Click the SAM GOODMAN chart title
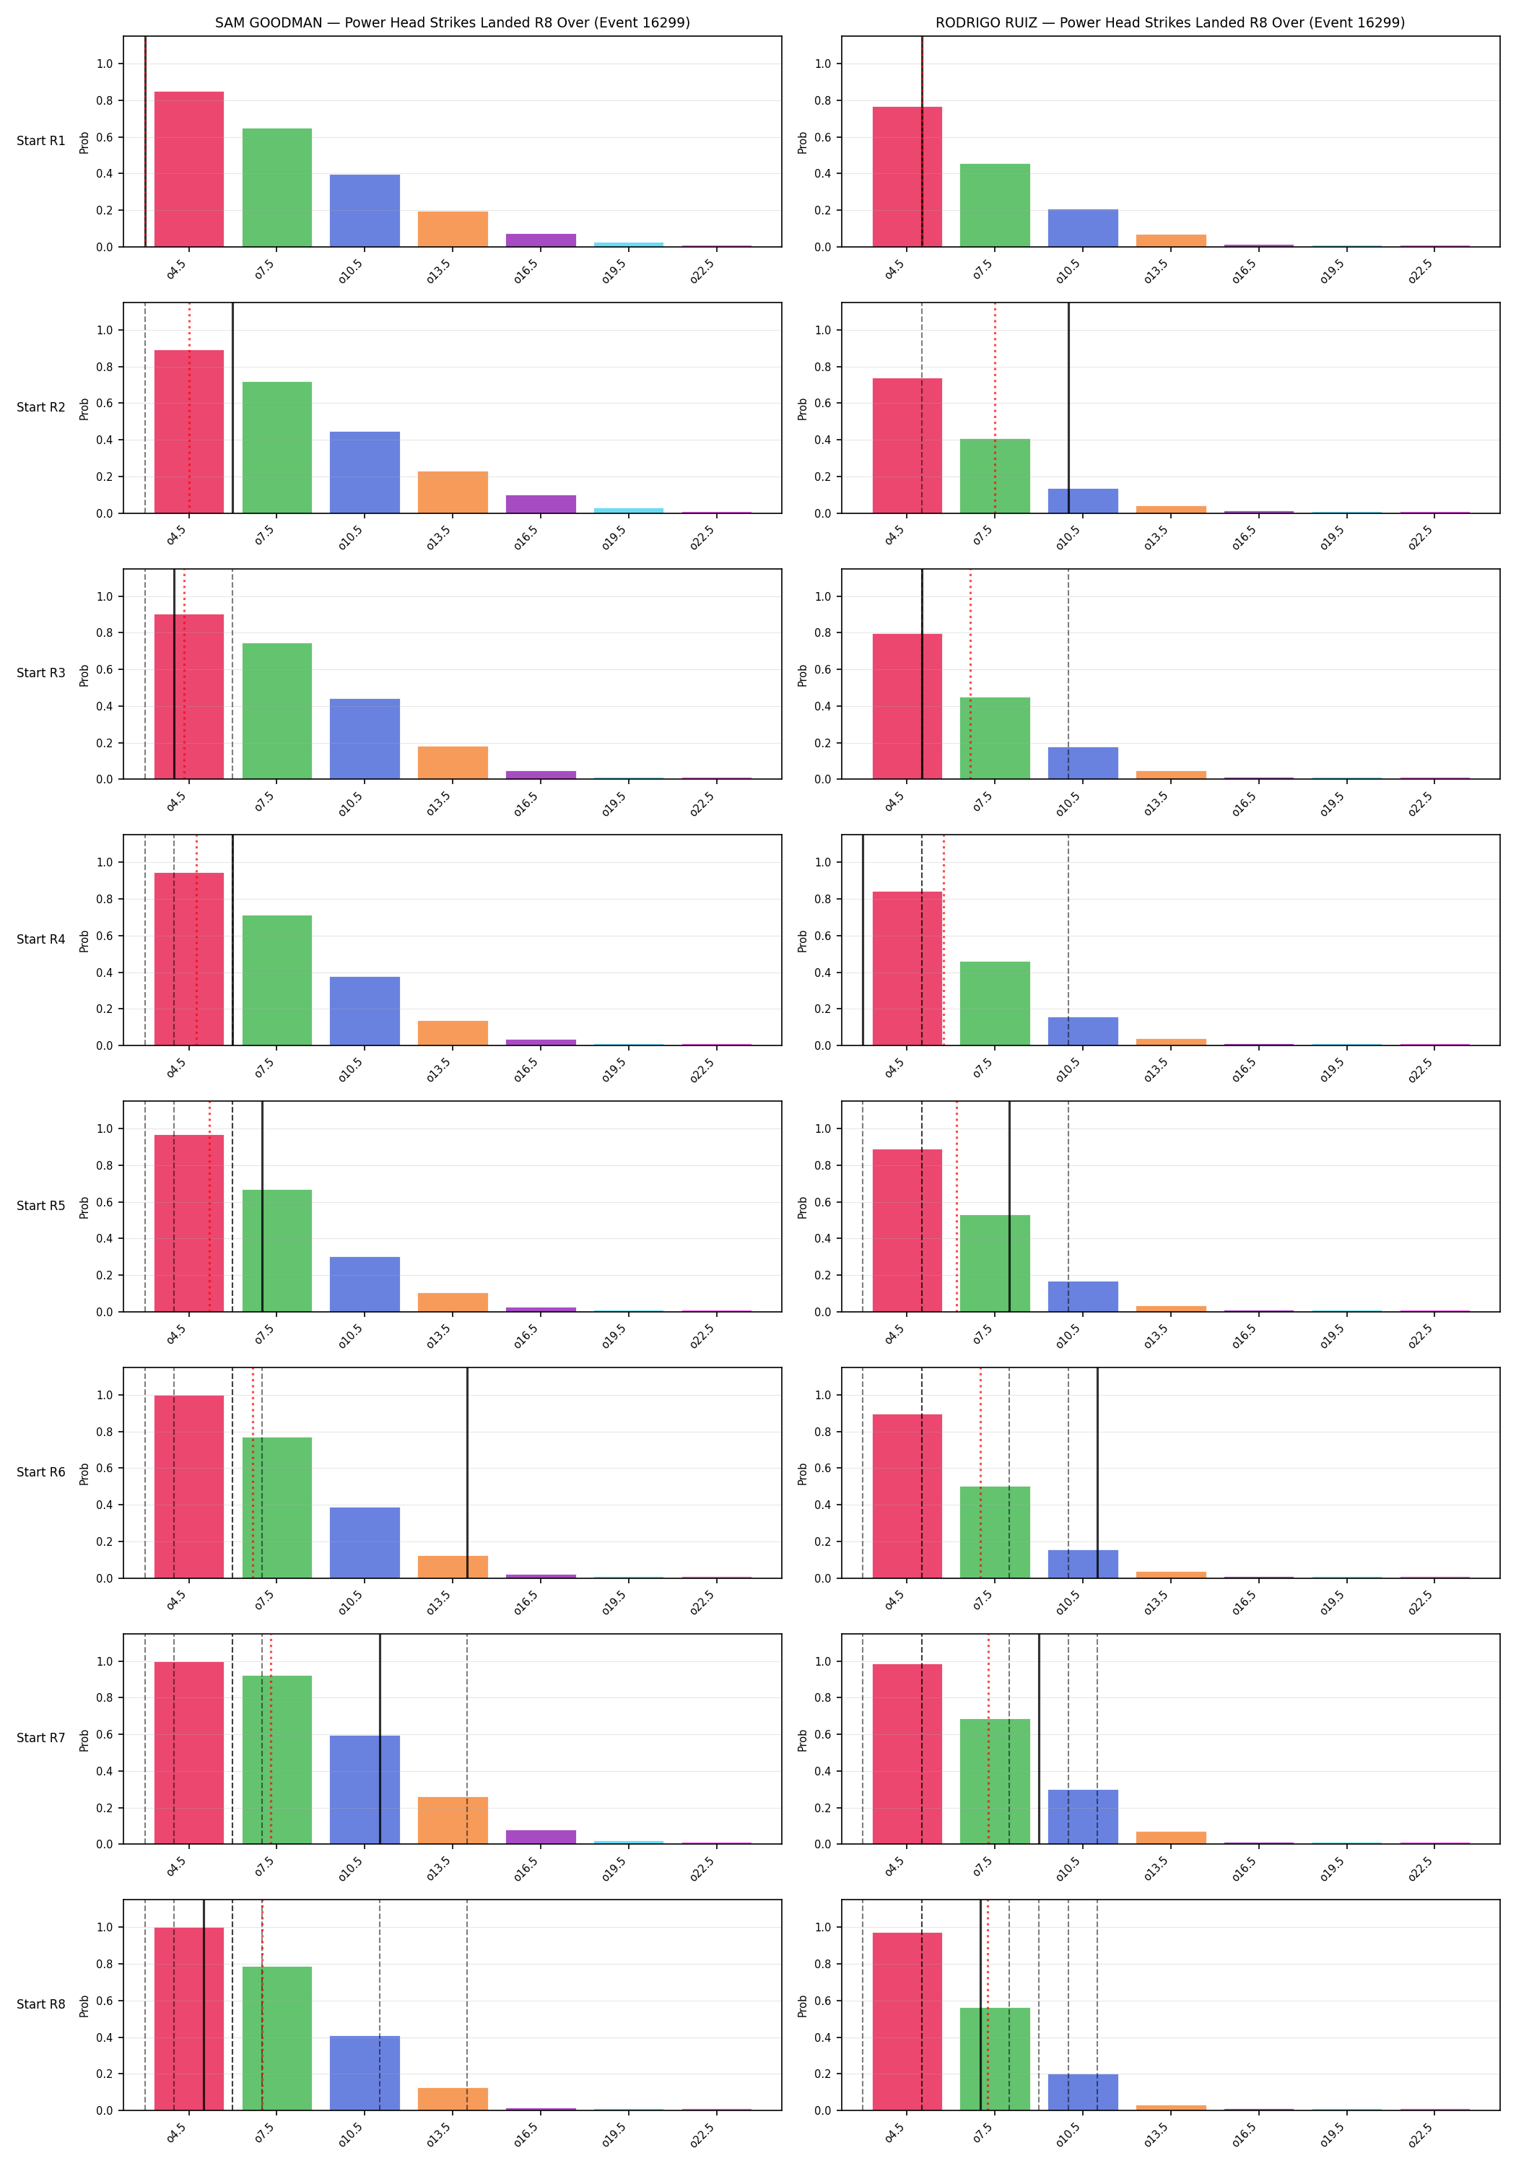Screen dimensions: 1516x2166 click(452, 22)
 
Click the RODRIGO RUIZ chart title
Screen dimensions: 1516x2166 click(1169, 22)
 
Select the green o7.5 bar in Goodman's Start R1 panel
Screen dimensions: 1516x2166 click(276, 188)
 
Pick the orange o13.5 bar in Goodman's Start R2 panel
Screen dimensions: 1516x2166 click(453, 492)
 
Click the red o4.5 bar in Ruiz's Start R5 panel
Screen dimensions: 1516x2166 click(907, 1230)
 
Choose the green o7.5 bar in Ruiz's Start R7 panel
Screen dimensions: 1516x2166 click(994, 1781)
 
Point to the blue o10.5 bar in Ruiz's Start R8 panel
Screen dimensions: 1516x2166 click(1083, 2092)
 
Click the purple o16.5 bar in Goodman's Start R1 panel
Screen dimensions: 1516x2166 click(541, 240)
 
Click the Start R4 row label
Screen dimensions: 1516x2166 click(40, 939)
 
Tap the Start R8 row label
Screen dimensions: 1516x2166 click(40, 2005)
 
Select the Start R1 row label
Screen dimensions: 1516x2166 click(40, 142)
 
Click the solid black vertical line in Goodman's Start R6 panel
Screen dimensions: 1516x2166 click(467, 1473)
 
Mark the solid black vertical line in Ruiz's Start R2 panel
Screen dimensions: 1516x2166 click(1068, 407)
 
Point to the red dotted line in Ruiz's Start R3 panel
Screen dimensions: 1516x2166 click(970, 674)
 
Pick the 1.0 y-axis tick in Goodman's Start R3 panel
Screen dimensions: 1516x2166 click(104, 596)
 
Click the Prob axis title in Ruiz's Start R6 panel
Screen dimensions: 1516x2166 click(803, 1474)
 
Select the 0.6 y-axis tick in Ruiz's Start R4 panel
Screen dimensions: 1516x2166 click(823, 936)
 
